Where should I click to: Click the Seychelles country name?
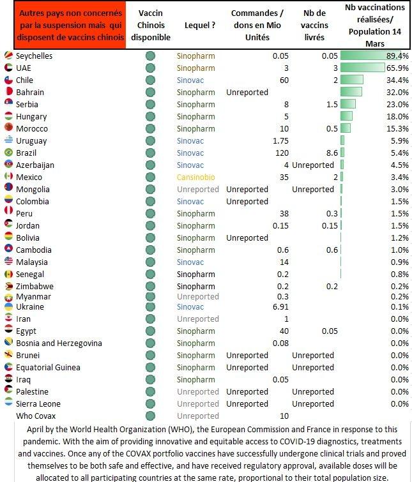click(34, 56)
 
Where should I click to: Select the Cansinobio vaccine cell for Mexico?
click(195, 177)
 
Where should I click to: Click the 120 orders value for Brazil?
click(280, 153)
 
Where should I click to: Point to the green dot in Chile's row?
click(151, 80)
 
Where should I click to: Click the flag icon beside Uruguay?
click(9, 141)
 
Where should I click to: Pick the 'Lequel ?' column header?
click(200, 26)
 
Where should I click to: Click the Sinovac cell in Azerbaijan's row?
click(190, 165)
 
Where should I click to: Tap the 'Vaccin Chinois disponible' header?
click(150, 26)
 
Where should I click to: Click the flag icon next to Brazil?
click(9, 153)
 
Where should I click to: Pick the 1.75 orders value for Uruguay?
click(280, 141)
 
